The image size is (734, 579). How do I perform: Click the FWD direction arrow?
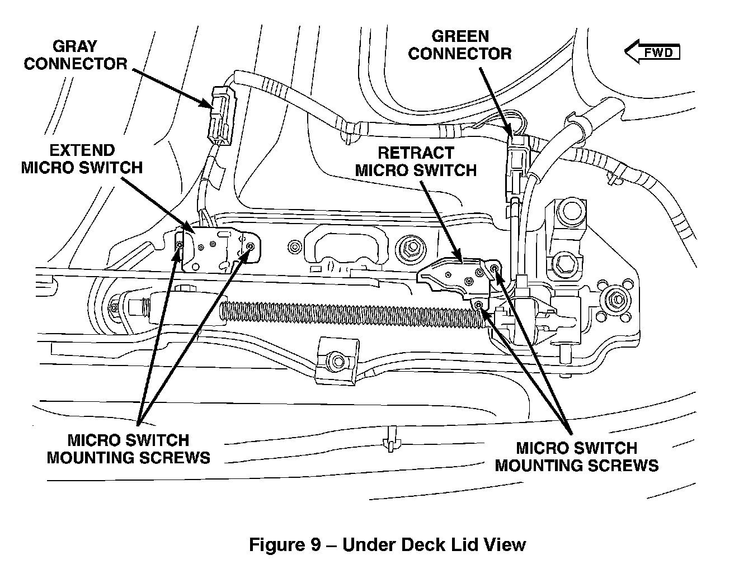(x=652, y=53)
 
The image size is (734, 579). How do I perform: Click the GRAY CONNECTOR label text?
(x=76, y=55)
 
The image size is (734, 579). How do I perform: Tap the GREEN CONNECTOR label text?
(x=460, y=45)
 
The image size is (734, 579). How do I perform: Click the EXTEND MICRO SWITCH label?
(x=82, y=159)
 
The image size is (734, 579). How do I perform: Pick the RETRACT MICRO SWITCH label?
(x=416, y=162)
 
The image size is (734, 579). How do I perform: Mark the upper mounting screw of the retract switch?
(x=494, y=269)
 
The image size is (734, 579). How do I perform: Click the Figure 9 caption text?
(x=387, y=544)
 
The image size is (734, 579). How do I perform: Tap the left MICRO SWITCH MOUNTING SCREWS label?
(x=128, y=449)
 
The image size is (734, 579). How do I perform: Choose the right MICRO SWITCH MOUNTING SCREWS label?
(x=576, y=456)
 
